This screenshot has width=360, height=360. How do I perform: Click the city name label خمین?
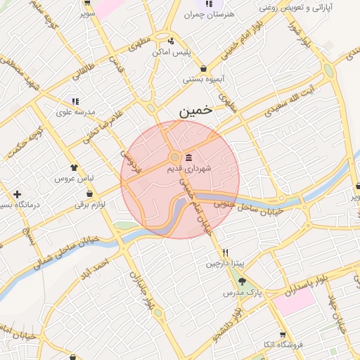pyautogui.click(x=194, y=110)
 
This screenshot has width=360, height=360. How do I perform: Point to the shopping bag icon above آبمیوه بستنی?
pyautogui.click(x=203, y=68)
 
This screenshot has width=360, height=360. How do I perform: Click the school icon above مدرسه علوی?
pyautogui.click(x=75, y=101)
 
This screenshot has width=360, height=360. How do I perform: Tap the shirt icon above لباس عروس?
pyautogui.click(x=74, y=167)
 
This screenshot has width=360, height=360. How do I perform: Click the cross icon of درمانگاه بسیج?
pyautogui.click(x=17, y=194)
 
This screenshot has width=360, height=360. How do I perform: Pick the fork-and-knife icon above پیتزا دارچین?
pyautogui.click(x=225, y=252)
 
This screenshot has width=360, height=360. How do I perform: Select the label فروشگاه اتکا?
pyautogui.click(x=281, y=345)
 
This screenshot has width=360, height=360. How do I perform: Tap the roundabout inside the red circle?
pyautogui.click(x=174, y=157)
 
